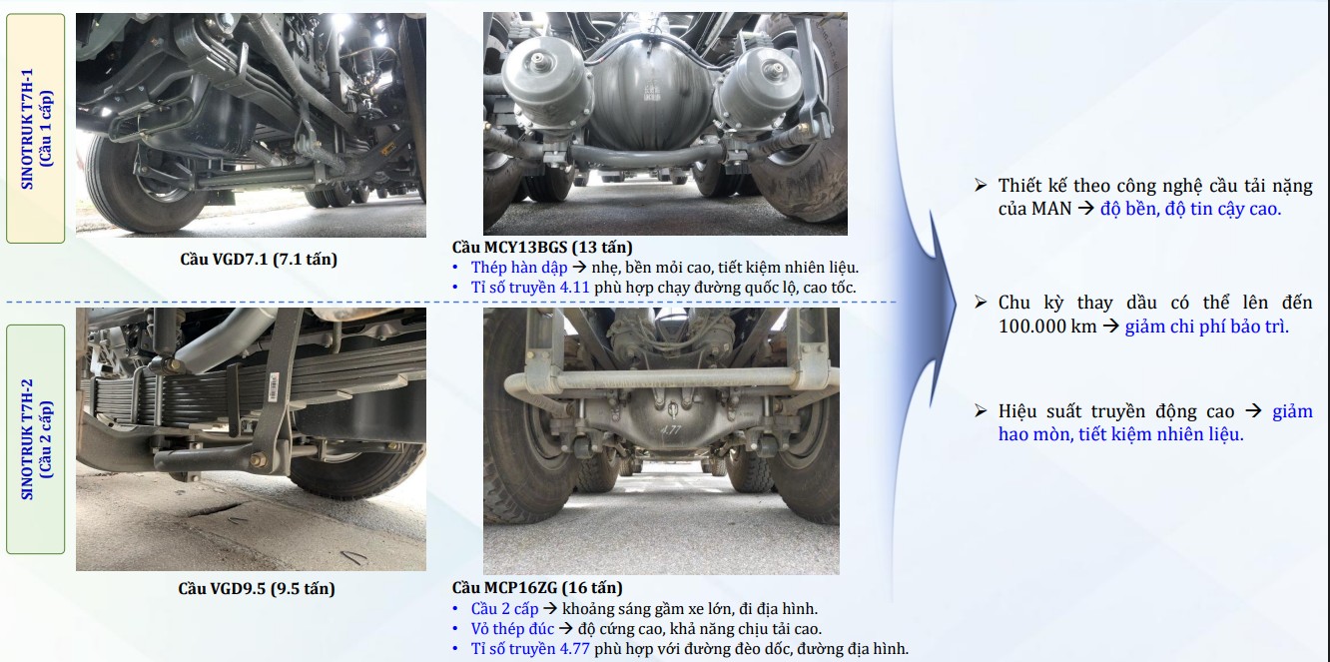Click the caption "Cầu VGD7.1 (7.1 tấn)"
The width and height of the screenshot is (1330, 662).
click(259, 260)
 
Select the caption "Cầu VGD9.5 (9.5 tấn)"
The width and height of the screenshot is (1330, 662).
click(257, 589)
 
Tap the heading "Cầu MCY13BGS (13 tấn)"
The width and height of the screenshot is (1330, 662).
click(542, 247)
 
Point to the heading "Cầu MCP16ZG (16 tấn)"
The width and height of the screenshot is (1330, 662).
click(537, 588)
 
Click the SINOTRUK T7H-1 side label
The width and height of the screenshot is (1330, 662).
click(36, 128)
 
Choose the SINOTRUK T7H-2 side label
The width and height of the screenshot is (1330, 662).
click(36, 439)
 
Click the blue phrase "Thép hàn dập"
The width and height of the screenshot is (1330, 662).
click(519, 268)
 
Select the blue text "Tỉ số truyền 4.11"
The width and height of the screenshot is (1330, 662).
click(530, 288)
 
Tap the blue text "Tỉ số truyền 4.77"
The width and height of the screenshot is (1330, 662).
click(530, 648)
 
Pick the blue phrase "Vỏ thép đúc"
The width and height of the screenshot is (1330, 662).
click(512, 629)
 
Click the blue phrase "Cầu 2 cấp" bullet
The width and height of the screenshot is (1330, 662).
click(504, 608)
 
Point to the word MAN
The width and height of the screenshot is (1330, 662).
click(1051, 209)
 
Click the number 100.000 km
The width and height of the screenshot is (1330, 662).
click(1047, 326)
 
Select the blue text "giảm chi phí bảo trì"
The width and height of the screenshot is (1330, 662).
click(1205, 327)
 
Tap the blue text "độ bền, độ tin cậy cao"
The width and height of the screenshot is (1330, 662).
click(1189, 209)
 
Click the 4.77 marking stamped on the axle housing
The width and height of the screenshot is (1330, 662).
click(670, 428)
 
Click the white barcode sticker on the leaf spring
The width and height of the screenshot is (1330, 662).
click(274, 387)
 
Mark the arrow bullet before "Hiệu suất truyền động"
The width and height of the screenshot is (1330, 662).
click(981, 410)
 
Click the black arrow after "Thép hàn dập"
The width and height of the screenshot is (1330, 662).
click(579, 268)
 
